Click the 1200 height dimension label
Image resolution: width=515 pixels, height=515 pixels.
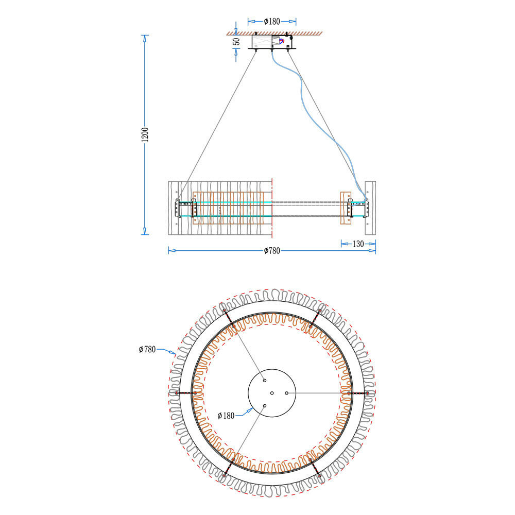tap(145, 135)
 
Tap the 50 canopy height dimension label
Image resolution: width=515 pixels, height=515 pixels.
tap(236, 42)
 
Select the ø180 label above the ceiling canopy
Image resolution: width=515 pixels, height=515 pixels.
tap(271, 22)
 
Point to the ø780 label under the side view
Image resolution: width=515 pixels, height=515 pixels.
tap(271, 251)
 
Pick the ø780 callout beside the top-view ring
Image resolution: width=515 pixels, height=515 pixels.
tap(147, 350)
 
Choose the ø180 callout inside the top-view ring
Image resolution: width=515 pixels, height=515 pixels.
tap(226, 416)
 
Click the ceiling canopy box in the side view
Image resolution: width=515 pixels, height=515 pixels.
tap(271, 42)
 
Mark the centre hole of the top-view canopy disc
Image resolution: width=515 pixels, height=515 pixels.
tap(272, 393)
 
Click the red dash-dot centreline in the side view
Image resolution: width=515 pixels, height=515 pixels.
tap(271, 206)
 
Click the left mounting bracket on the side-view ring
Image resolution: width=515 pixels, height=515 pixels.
tap(178, 209)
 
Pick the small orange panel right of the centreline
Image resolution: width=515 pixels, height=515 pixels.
tap(345, 208)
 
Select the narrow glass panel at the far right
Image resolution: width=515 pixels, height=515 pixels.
tap(370, 206)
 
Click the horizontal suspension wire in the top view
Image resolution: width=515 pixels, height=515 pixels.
tap(319, 393)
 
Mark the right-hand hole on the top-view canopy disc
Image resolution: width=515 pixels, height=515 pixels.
tap(287, 393)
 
